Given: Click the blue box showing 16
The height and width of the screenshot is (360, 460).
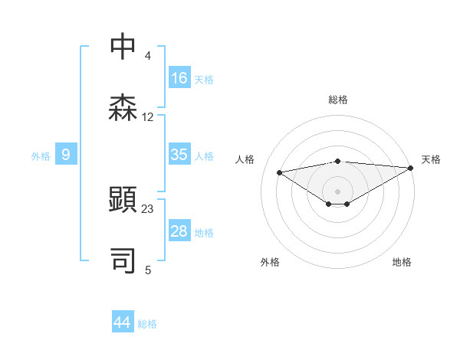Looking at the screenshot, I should click(179, 78).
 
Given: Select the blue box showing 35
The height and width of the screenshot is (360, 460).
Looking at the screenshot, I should click(179, 155).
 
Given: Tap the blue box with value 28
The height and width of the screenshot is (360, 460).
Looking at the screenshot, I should click(179, 232).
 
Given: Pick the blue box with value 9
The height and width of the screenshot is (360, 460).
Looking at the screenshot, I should click(66, 155).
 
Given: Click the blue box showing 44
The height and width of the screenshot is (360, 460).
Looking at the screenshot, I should click(122, 322).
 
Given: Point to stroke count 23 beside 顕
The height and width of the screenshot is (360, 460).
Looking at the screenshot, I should click(148, 208).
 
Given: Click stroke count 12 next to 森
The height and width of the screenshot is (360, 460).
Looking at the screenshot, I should click(148, 117).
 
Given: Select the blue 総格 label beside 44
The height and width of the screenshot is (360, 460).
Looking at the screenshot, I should click(147, 324).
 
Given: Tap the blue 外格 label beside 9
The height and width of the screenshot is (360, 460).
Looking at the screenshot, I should click(41, 156).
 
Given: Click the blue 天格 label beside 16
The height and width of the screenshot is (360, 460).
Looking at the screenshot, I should click(204, 79).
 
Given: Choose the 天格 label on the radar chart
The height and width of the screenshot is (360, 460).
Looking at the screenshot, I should click(431, 159).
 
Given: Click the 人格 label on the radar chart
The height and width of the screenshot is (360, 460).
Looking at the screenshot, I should click(245, 159).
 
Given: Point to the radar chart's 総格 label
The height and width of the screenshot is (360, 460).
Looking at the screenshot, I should click(338, 100).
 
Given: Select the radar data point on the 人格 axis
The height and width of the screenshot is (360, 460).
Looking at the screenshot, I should click(280, 172).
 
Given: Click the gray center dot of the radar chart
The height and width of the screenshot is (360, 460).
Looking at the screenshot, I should click(337, 190).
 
